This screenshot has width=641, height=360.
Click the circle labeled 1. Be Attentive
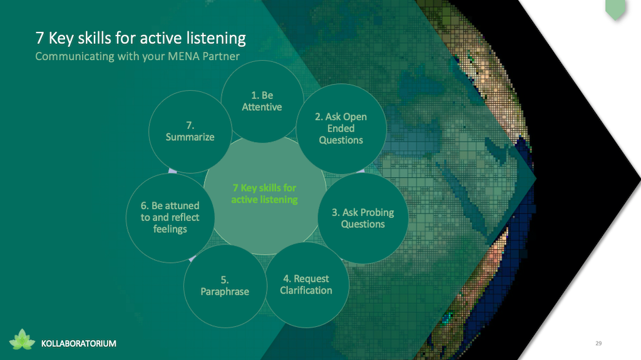tap(262, 101)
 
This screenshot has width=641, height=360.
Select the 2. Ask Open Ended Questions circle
tap(341, 128)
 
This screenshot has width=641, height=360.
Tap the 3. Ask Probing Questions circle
tap(363, 218)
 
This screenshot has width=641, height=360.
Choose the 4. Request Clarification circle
tap(307, 285)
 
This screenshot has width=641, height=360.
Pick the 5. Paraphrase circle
tap(225, 286)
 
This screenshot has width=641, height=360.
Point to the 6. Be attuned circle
tap(170, 218)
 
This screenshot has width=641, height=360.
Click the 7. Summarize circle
tap(190, 131)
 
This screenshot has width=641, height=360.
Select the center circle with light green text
tap(265, 194)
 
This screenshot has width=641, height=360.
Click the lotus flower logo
tap(22, 339)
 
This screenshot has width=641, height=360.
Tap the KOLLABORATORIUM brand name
tap(78, 344)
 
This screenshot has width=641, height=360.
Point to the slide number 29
tap(598, 343)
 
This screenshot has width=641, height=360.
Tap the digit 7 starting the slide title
tap(39, 38)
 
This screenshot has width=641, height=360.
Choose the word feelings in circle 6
tap(170, 229)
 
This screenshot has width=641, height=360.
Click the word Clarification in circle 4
tap(306, 291)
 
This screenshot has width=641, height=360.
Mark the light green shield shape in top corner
tap(615, 9)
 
